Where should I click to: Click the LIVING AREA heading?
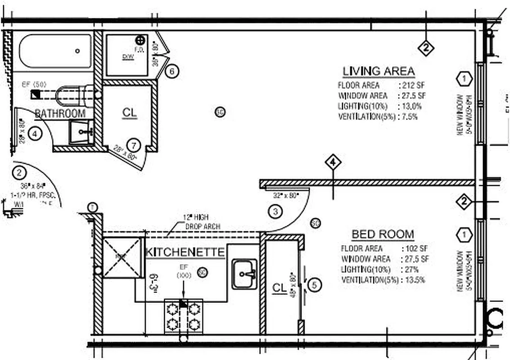pyautogui.click(x=379, y=71)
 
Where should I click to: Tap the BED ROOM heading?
pyautogui.click(x=383, y=234)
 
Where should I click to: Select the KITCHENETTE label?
pyautogui.click(x=185, y=252)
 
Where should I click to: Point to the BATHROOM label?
pyautogui.click(x=60, y=113)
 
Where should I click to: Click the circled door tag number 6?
pyautogui.click(x=172, y=71)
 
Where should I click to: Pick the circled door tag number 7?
pyautogui.click(x=133, y=145)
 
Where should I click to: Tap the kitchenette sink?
pyautogui.click(x=244, y=274)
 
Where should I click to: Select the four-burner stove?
pyautogui.click(x=183, y=316)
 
